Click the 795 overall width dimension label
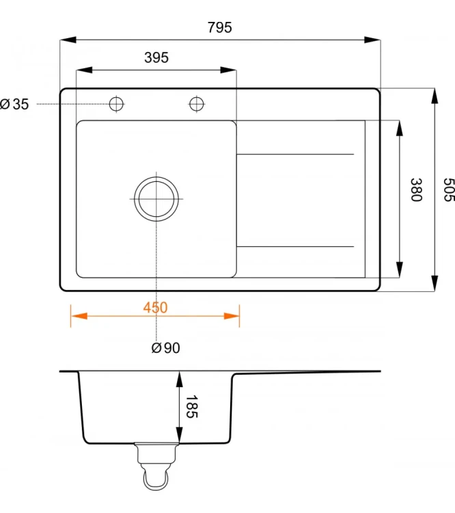(x=220, y=27)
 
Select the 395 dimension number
(x=156, y=57)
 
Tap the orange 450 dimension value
(x=155, y=308)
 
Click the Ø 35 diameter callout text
(x=14, y=104)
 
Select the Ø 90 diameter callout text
(x=165, y=347)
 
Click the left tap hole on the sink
(x=116, y=104)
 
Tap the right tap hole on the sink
(x=197, y=104)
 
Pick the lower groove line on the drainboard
(x=295, y=246)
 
